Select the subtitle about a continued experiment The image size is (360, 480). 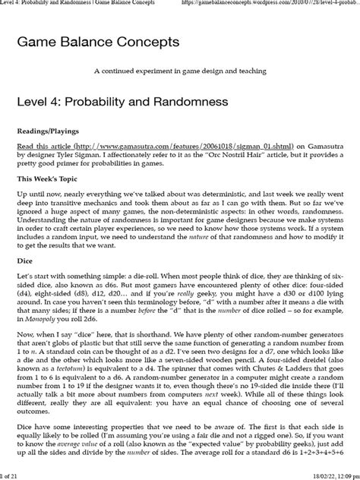pos(180,71)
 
